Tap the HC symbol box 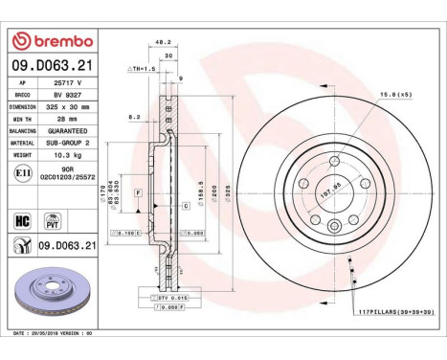click(x=22, y=219)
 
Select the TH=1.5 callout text click(x=143, y=70)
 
